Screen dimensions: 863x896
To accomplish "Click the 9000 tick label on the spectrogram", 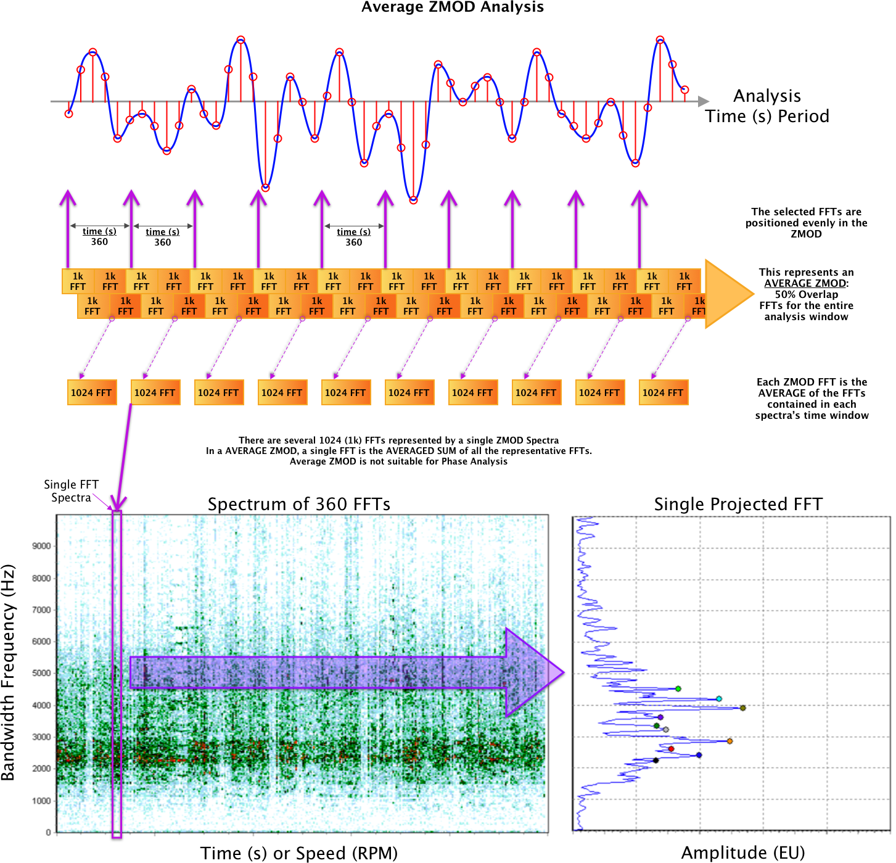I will pos(41,546).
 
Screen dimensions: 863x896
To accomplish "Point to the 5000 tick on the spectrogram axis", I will pos(41,673).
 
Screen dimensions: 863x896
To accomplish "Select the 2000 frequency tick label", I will pos(41,769).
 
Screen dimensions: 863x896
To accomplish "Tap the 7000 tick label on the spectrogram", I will pos(41,610).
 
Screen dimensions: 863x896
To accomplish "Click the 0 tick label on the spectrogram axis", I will pos(48,833).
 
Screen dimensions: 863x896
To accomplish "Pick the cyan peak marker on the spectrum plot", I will pos(719,698).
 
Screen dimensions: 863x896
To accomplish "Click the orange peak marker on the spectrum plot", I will pos(730,741).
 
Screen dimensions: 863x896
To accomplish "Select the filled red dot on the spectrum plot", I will pos(672,749).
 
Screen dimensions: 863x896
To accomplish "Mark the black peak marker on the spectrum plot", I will pos(656,760).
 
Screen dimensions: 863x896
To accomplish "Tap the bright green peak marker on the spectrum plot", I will pos(678,688).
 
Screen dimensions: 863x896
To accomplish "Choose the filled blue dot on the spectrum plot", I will pos(699,755).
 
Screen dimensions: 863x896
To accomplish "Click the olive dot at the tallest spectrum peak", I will pos(743,708).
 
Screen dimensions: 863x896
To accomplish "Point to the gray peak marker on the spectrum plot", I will pos(665,730).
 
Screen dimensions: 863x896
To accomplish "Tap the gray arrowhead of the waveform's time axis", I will pos(704,101).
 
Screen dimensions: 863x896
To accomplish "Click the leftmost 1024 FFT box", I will pos(92,392).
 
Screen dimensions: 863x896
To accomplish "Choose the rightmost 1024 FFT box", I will pos(663,392).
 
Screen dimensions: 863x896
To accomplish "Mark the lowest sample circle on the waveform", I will pos(413,200).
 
